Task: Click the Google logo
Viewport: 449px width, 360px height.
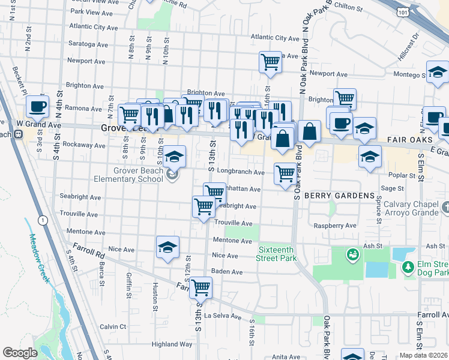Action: coord(20,353)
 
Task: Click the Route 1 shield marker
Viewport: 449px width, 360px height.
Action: coord(43,221)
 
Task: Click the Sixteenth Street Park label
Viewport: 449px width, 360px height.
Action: coord(278,254)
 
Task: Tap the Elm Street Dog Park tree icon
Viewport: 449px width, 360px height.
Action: coord(408,266)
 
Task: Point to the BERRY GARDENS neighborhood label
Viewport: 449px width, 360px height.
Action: coord(330,196)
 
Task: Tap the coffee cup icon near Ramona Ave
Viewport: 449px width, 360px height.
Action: coord(37,106)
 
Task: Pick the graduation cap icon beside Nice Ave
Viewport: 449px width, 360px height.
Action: coord(167,247)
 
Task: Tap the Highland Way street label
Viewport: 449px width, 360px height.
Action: coord(172,344)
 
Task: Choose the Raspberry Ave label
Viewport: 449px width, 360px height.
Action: coord(335,226)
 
